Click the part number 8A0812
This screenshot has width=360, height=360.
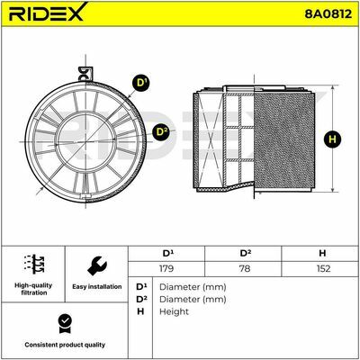point(328,13)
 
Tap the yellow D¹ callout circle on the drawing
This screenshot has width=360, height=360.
point(141,82)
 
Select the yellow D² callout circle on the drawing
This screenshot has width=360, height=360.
point(162,131)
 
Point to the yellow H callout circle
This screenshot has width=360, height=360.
point(332,139)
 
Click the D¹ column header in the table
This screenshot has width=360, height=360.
point(167,254)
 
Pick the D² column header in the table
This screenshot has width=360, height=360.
point(245,254)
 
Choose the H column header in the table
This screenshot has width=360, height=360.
point(322,254)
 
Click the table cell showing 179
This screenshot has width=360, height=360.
point(166,268)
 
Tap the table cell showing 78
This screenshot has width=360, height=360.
point(245,268)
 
